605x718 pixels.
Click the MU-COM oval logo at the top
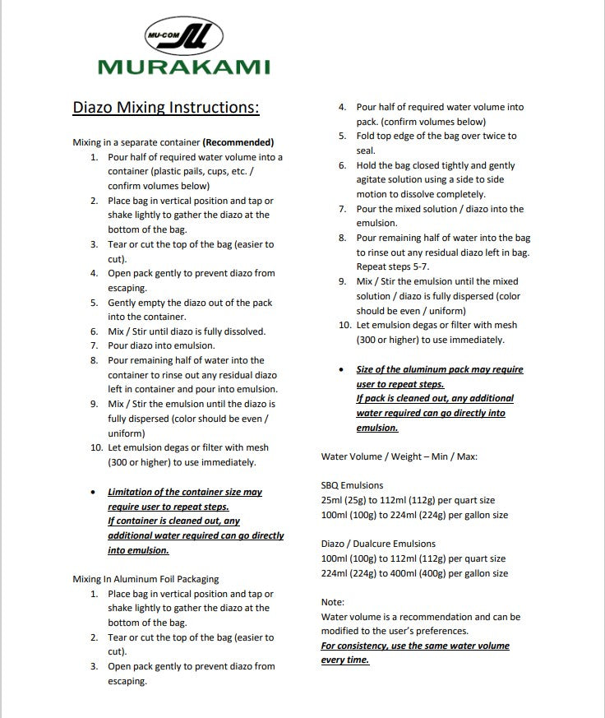point(182,35)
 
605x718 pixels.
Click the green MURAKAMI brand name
point(183,67)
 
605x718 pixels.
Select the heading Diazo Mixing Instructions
point(166,107)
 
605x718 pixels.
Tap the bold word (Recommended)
point(238,142)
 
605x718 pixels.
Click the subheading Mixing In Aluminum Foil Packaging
point(145,579)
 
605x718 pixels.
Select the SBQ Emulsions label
point(352,485)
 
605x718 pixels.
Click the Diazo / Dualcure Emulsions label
point(378,544)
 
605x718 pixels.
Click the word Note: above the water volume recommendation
point(333,602)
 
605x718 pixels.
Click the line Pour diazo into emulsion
point(162,345)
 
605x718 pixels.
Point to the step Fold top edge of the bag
point(436,136)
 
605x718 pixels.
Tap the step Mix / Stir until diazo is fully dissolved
point(187,331)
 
